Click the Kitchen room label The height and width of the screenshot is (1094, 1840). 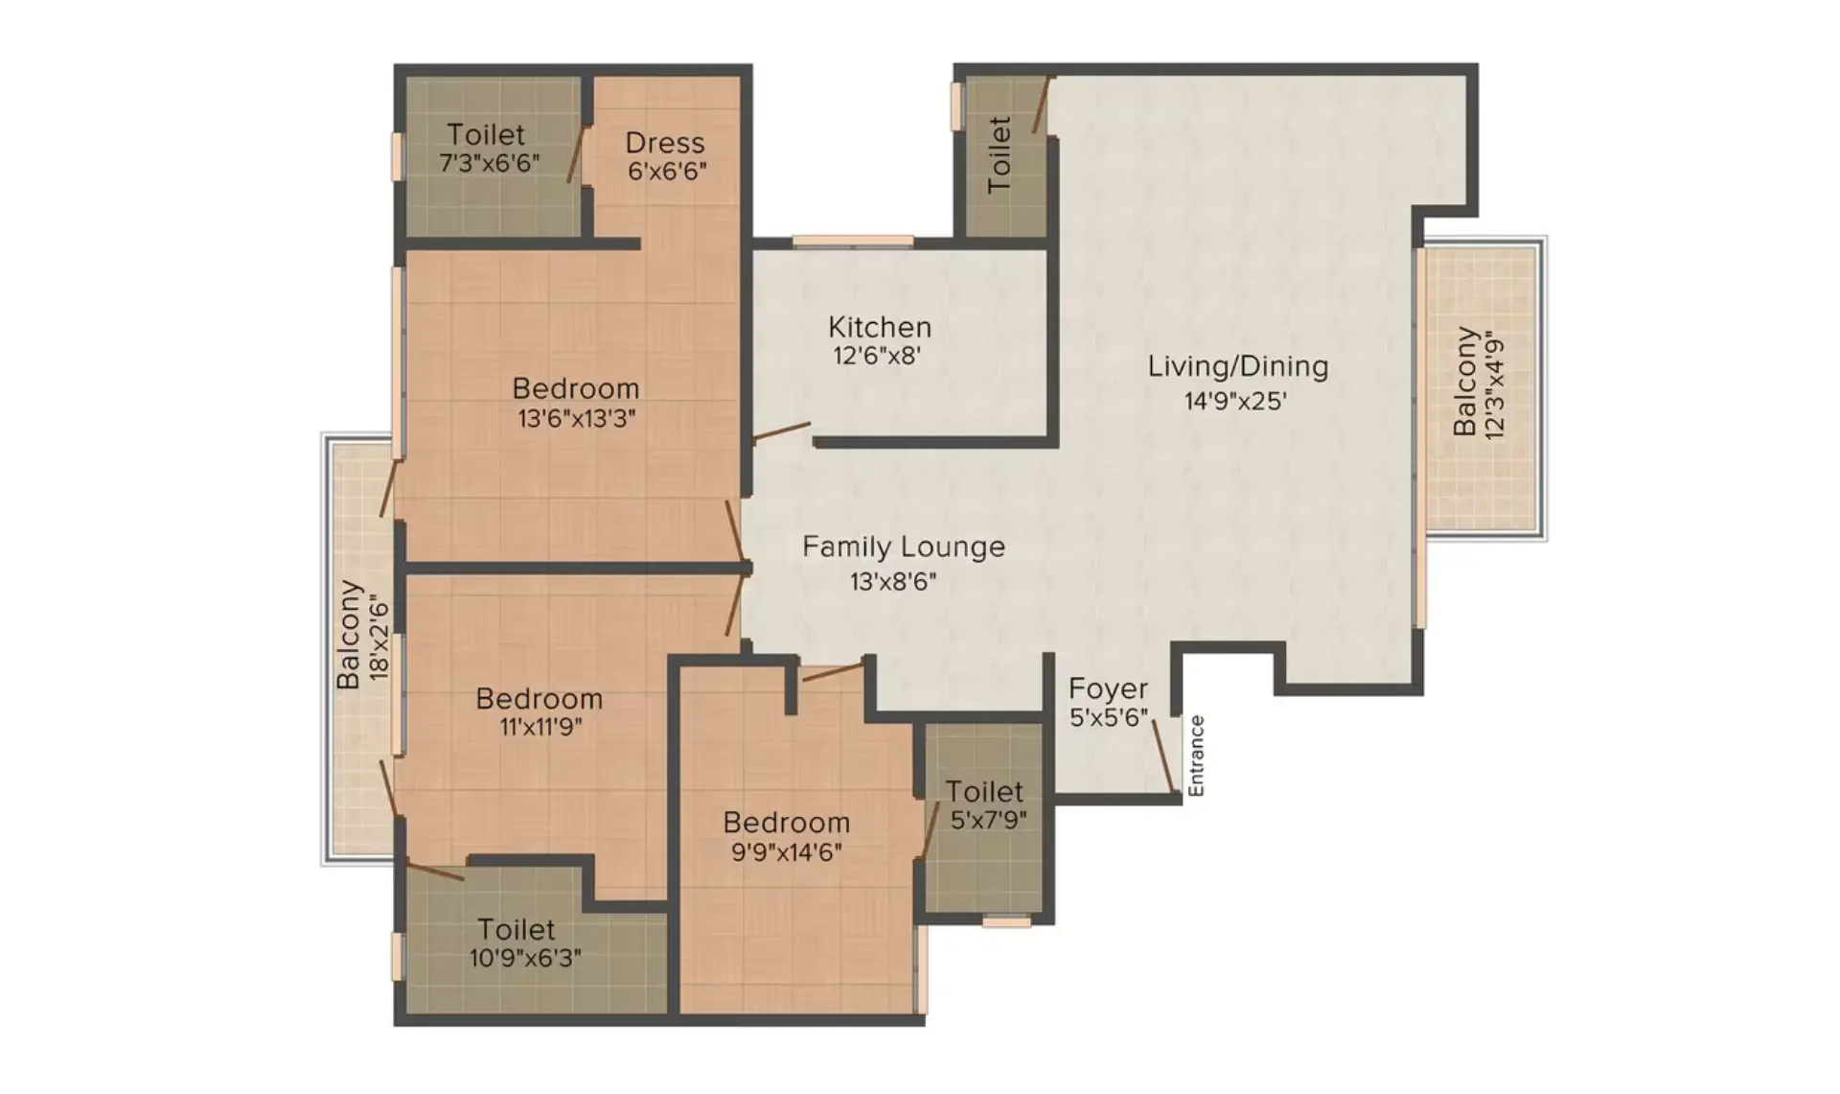coord(880,327)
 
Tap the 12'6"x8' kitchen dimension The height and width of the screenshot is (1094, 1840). coord(877,357)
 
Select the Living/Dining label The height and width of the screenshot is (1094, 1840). coord(1238,366)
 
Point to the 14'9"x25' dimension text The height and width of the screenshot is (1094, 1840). coord(1235,401)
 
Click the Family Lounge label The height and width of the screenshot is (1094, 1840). coord(904,547)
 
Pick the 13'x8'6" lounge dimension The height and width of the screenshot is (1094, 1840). coord(892,581)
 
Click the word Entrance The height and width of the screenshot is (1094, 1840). coord(1196,756)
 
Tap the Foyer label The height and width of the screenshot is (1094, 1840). coord(1108,688)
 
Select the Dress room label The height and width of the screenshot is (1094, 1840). coord(665,143)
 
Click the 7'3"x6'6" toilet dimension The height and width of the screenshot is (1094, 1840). coord(489,163)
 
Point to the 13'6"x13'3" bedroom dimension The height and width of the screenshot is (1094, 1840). coord(577,419)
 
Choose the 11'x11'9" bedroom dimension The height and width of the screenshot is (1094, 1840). coord(540,728)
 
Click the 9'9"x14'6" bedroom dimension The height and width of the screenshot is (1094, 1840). coord(787,851)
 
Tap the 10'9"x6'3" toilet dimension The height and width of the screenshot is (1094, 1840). coord(525,958)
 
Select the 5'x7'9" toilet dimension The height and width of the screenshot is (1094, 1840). coord(989,820)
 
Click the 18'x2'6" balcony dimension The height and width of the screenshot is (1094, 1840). coord(379,640)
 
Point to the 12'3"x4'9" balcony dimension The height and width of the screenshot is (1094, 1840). coord(1494,384)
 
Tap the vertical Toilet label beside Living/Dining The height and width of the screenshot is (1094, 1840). coord(999,154)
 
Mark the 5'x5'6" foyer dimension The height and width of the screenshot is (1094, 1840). coord(1108,718)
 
